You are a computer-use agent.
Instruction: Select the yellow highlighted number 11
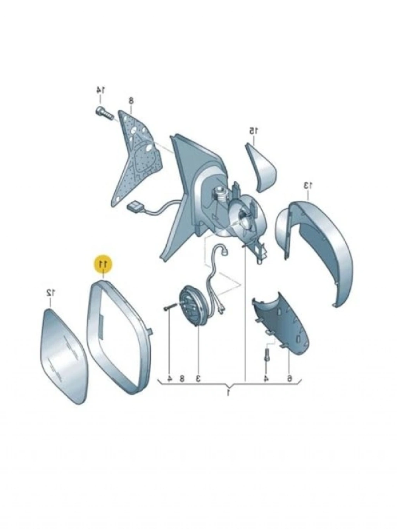point(104,264)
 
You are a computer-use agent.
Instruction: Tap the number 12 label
point(51,293)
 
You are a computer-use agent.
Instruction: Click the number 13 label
point(307,185)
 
